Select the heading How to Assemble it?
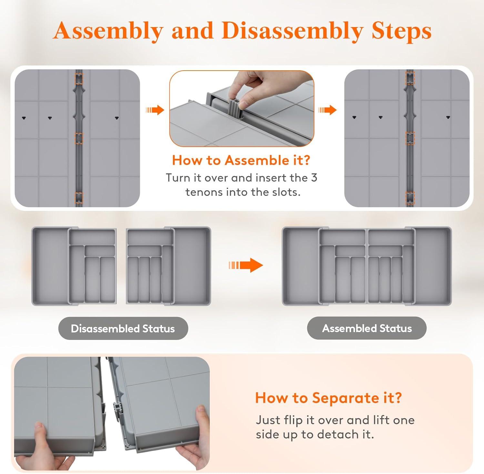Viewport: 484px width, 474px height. pos(241,160)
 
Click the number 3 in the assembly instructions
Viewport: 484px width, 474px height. pos(314,178)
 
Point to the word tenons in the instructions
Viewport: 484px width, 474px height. pos(204,192)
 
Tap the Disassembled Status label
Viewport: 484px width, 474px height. pos(123,328)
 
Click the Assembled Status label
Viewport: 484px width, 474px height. pos(367,328)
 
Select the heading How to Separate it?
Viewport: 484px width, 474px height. pos(328,398)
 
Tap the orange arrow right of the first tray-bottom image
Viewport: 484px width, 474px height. pos(155,110)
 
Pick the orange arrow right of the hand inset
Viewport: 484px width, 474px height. pos(328,110)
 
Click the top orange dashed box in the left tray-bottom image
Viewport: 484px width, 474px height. pos(79,79)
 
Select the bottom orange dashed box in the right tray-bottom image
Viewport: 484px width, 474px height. pos(410,197)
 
